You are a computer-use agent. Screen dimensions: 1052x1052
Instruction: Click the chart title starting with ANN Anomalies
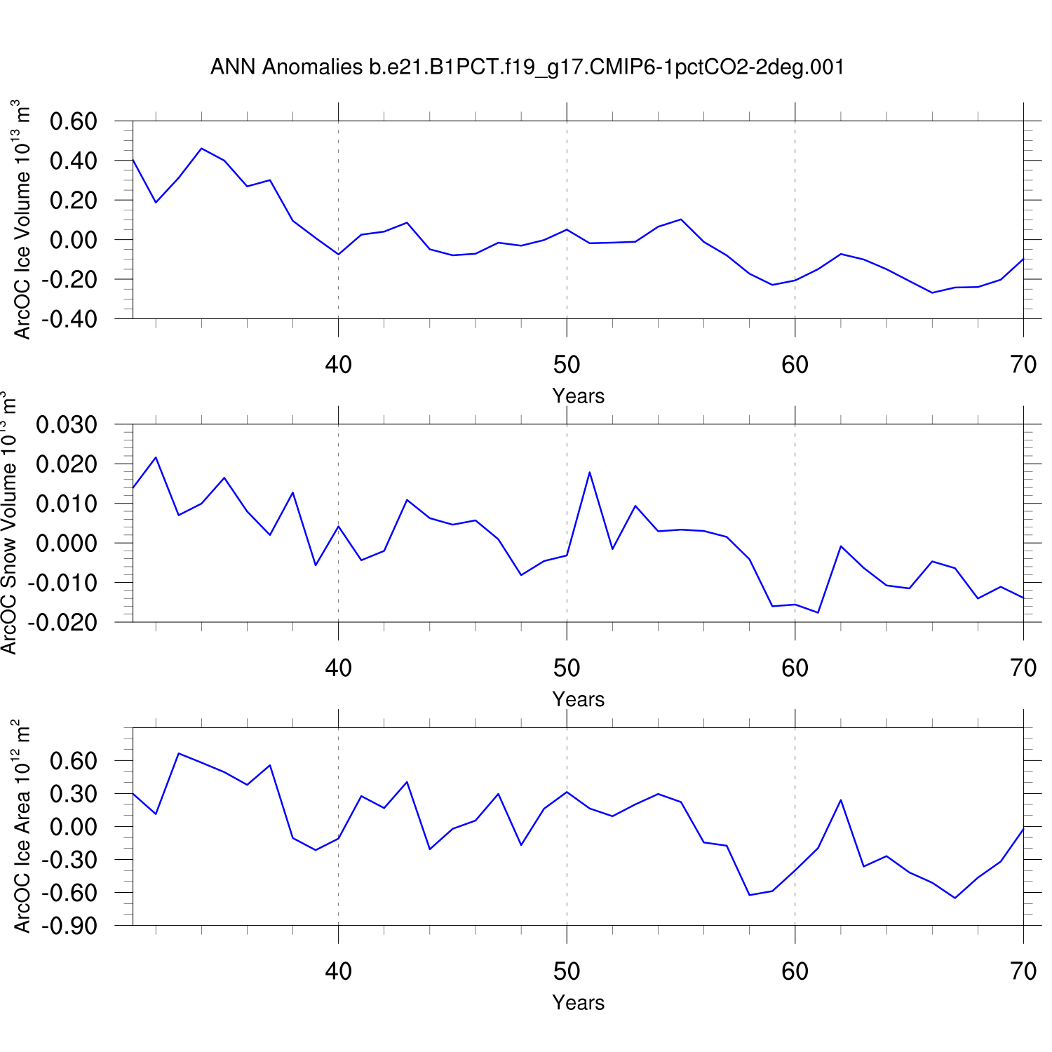click(x=527, y=67)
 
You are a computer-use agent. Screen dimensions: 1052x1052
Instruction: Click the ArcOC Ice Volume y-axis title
click(x=22, y=220)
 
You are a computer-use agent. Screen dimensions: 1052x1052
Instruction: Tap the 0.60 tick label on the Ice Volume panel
click(x=73, y=121)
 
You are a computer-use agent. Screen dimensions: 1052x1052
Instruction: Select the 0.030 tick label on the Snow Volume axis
click(x=67, y=425)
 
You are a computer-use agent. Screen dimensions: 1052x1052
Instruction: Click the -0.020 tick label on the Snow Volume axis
click(x=63, y=622)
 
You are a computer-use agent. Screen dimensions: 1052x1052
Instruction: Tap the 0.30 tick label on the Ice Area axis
click(x=73, y=794)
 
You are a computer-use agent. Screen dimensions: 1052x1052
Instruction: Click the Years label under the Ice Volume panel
click(x=578, y=396)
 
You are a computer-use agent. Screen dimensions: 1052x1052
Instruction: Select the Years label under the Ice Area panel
click(x=578, y=1003)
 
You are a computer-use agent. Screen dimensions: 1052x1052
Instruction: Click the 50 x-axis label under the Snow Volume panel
click(x=567, y=668)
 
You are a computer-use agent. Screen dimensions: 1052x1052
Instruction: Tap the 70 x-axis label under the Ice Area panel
click(x=1023, y=971)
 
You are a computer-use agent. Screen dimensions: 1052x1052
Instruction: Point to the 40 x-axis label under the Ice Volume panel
click(x=338, y=365)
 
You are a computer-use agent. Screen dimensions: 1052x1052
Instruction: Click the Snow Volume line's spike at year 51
click(x=590, y=472)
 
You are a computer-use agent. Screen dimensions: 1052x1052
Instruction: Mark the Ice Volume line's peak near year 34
click(x=201, y=148)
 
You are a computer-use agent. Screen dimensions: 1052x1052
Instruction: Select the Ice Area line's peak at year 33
click(x=179, y=753)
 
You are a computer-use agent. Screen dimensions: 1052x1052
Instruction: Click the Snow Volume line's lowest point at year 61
click(x=818, y=613)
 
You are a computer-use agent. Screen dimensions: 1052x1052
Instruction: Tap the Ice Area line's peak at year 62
click(x=841, y=800)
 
